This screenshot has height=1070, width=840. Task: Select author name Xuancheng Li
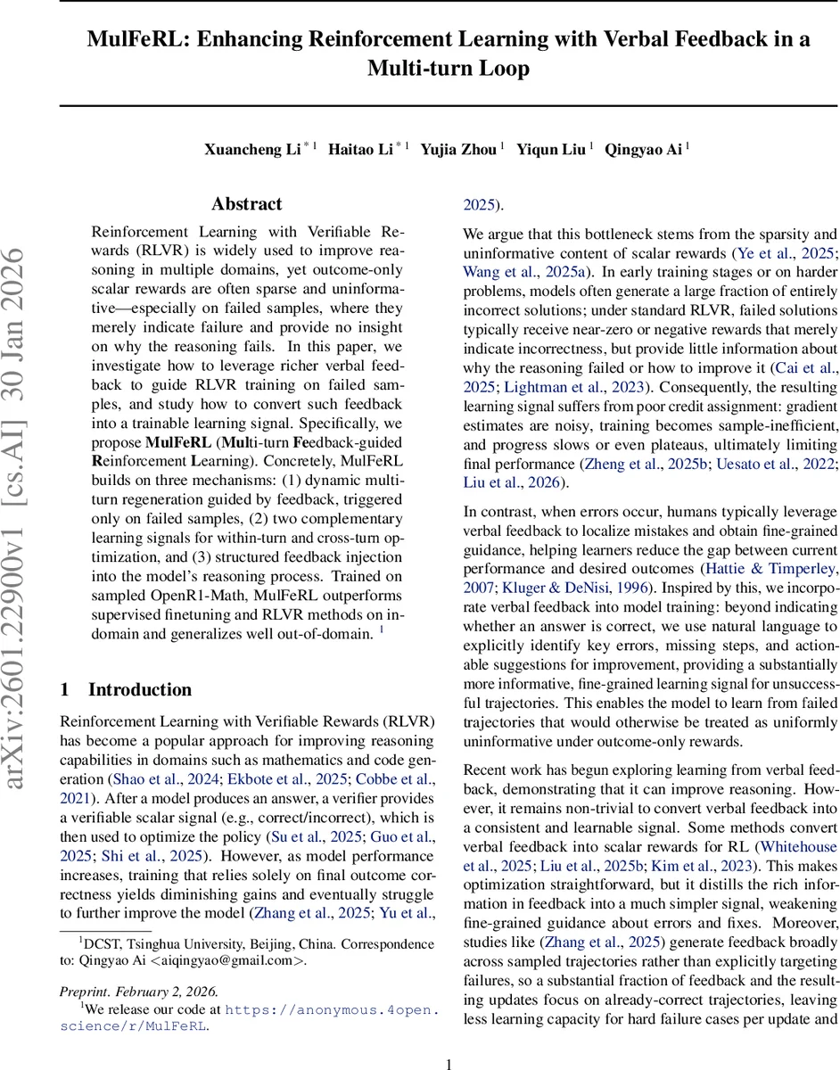[251, 150]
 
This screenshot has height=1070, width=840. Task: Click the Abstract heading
[246, 204]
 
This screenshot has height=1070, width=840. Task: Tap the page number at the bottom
[449, 1063]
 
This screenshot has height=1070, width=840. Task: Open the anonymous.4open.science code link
[330, 1010]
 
